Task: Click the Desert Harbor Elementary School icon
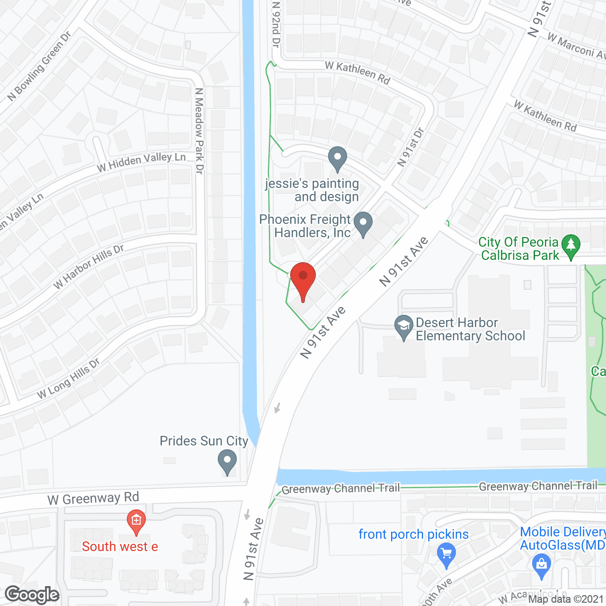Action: click(x=403, y=327)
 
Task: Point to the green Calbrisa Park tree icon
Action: click(x=571, y=246)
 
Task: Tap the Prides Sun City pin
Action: click(x=227, y=462)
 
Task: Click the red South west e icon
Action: click(x=136, y=522)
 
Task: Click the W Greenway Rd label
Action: click(x=93, y=498)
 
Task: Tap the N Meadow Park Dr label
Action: click(x=199, y=131)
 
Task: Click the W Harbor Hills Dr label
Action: click(x=89, y=266)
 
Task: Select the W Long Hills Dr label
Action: click(x=69, y=378)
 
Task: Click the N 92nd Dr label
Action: click(x=276, y=24)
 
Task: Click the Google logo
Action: click(x=32, y=595)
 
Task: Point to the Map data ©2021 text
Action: click(x=566, y=599)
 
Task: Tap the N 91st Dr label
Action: click(x=410, y=147)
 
